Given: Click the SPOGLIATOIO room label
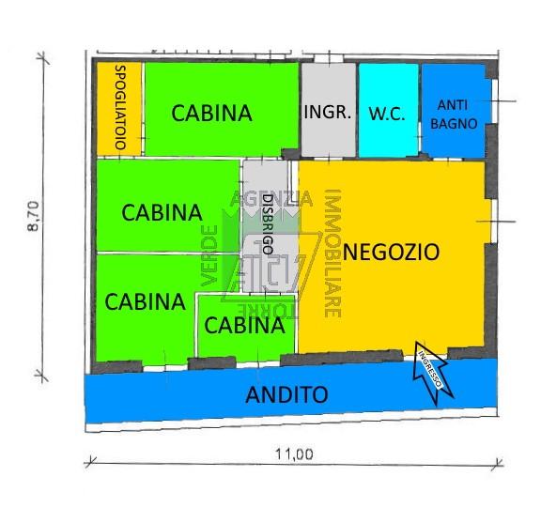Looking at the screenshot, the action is click(120, 107).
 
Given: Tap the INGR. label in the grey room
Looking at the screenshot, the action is click(328, 112).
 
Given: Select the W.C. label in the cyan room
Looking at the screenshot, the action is click(387, 114).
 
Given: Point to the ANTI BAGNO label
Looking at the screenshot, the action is click(454, 115).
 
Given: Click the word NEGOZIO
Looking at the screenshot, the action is click(392, 252).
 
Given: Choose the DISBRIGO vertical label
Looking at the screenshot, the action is click(268, 224).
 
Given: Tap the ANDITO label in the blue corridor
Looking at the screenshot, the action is click(286, 394).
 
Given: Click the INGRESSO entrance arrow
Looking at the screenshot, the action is click(432, 372).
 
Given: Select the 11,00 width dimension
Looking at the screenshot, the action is click(294, 453).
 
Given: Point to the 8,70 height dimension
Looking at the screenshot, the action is click(34, 216).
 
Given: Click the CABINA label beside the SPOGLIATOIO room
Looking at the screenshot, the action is click(211, 113).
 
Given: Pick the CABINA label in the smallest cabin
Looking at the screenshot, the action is click(244, 325).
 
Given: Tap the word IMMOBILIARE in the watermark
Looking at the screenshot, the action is click(332, 253).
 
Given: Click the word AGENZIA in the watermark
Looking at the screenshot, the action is click(271, 199).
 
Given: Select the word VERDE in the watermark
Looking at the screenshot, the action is click(209, 255).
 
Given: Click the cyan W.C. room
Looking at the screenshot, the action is click(389, 111).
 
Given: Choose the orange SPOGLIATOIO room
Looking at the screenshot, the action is click(119, 109).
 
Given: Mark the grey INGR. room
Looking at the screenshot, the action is click(329, 110).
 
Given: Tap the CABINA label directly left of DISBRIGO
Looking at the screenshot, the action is click(162, 212).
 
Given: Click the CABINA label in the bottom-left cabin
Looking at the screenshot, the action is click(145, 301).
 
